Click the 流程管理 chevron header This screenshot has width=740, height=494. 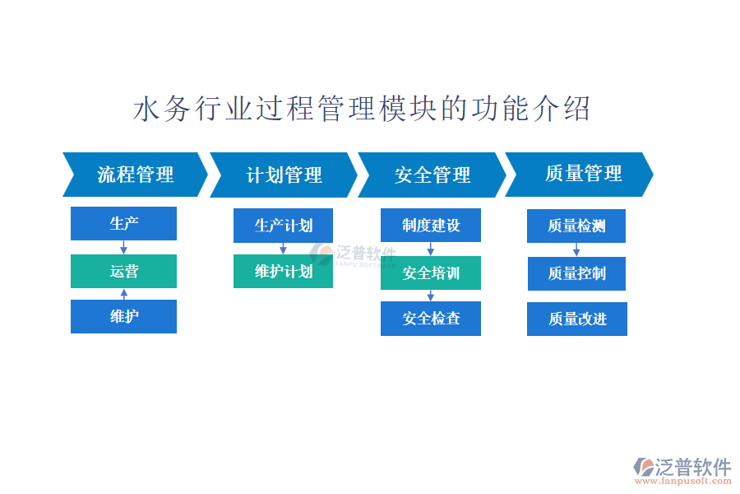(x=136, y=175)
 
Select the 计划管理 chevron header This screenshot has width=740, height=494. (x=284, y=175)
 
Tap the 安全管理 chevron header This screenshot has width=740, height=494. (x=432, y=175)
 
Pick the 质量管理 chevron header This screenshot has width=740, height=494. (x=580, y=175)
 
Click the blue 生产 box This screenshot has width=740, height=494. (x=123, y=224)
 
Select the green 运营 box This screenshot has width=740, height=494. (x=123, y=272)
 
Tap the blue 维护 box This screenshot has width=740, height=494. (x=123, y=316)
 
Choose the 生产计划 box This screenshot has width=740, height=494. (x=283, y=226)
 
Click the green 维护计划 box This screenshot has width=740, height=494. (x=283, y=272)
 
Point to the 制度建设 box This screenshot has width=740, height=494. (x=431, y=226)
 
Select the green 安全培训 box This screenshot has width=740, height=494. (x=431, y=273)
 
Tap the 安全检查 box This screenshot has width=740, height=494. (x=431, y=319)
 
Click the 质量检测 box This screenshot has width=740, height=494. (x=576, y=226)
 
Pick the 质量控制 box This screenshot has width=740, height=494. (x=576, y=273)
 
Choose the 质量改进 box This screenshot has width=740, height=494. (x=577, y=319)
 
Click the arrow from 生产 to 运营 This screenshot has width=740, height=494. (x=123, y=248)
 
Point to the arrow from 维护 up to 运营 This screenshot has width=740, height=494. (x=124, y=294)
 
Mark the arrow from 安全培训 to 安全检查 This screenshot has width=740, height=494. (x=430, y=296)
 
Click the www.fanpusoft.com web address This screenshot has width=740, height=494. (x=683, y=481)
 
